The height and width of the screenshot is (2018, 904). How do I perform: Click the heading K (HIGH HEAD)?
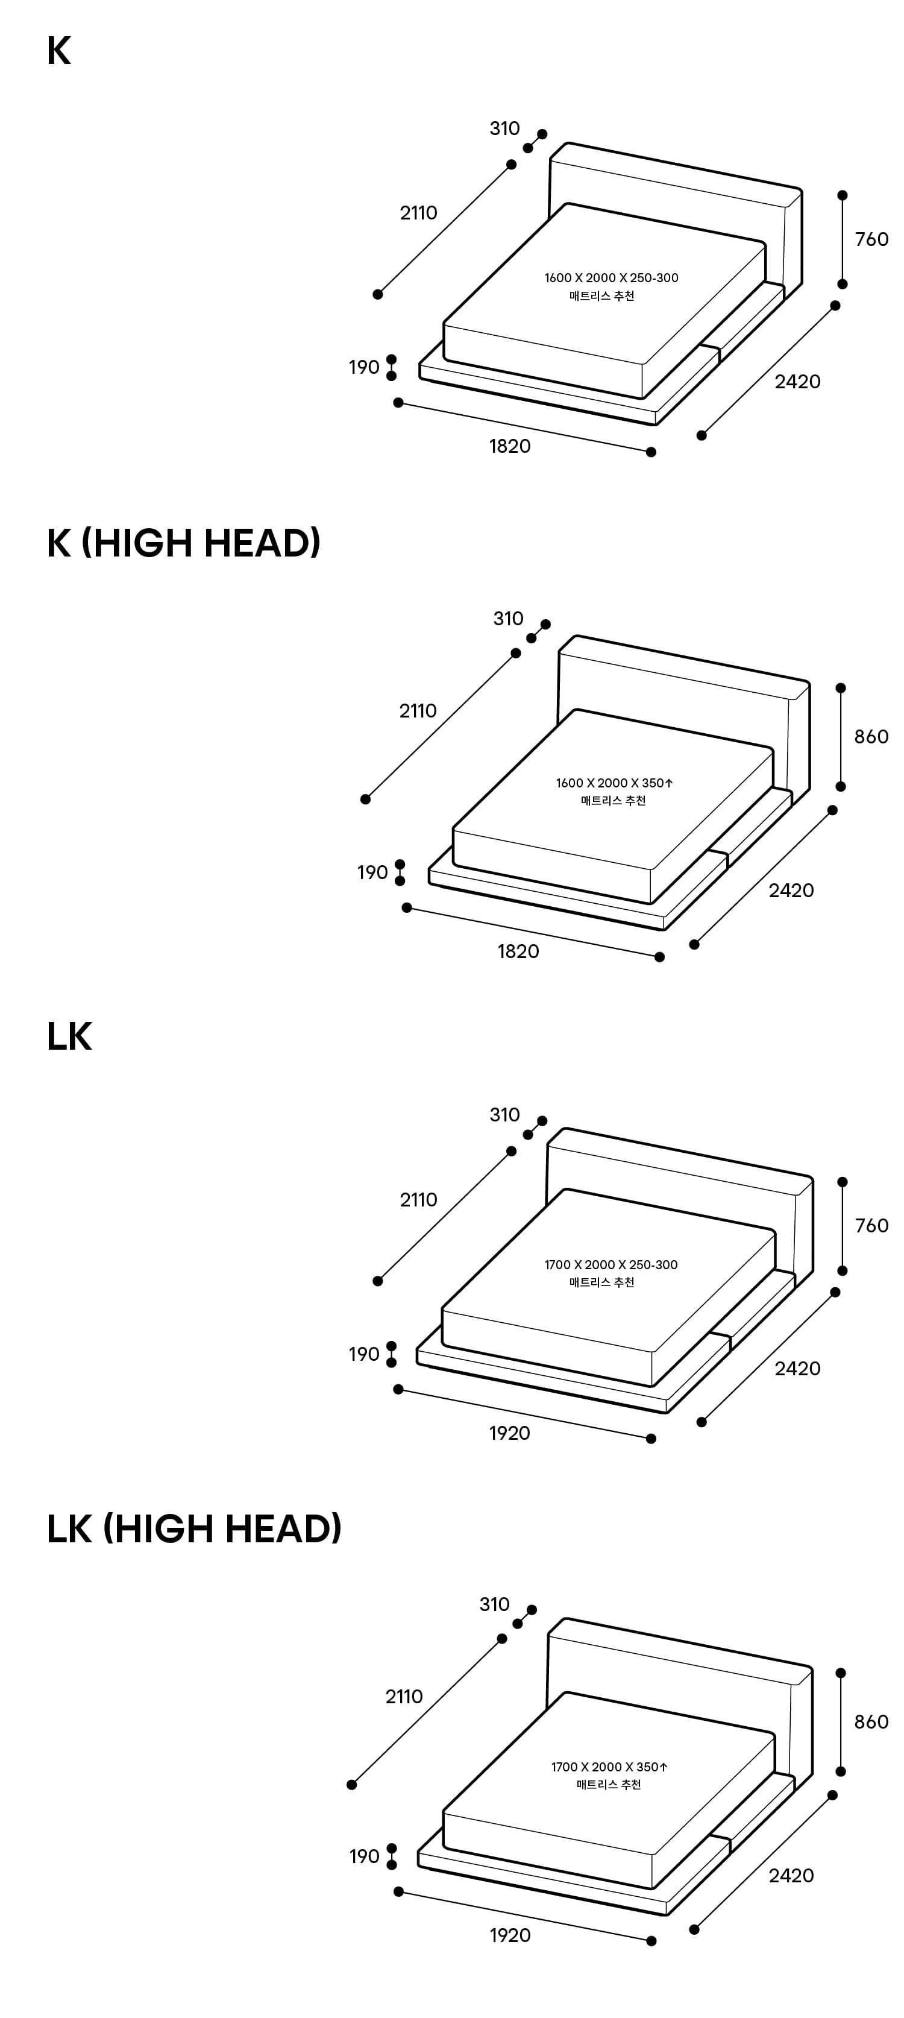pos(183,543)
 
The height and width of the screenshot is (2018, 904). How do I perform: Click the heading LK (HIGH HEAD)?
pos(194,1528)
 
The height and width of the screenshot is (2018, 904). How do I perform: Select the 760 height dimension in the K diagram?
pos(871,239)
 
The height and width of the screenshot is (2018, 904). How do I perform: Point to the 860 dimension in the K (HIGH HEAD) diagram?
pos(871,736)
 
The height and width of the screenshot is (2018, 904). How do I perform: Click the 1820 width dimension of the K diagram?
pos(510,446)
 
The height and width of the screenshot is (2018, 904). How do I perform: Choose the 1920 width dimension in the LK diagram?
pos(510,1433)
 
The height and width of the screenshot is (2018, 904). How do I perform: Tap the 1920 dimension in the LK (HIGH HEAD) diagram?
pos(510,1935)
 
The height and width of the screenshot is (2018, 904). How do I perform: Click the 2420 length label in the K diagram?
pos(797,382)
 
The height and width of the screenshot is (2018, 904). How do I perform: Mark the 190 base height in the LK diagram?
pos(363,1354)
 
